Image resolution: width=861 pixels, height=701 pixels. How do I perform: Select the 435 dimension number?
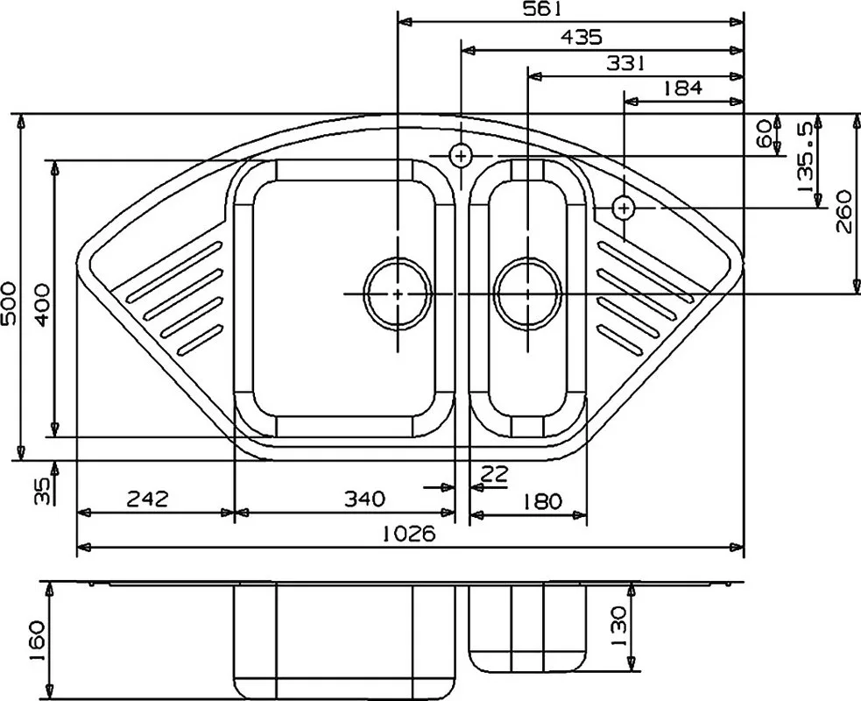coord(582,38)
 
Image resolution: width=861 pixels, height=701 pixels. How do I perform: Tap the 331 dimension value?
coord(625,64)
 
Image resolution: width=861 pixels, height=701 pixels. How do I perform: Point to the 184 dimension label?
coord(682,88)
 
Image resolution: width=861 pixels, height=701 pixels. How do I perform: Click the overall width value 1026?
coord(409,533)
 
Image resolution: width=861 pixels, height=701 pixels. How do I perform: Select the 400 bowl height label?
coord(42,305)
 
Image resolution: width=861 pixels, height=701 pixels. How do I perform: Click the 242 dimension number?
coord(147,499)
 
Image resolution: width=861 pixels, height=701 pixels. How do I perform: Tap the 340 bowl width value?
coord(364,499)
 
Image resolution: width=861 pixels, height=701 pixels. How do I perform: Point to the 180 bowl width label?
coord(542,501)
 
